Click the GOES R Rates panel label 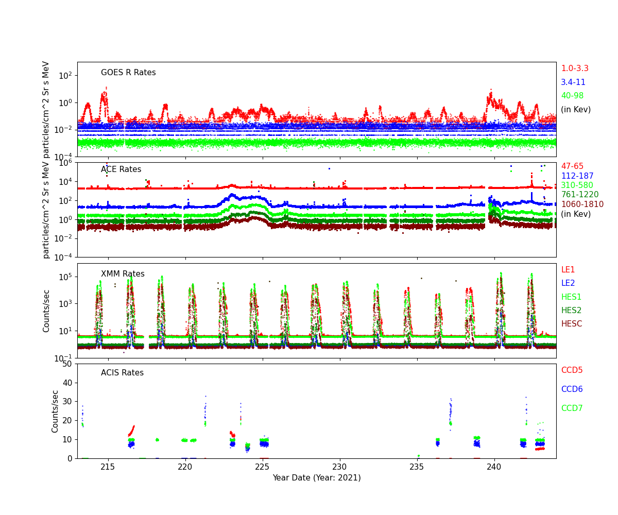point(128,73)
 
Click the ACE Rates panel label point(121,169)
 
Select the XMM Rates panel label point(123,274)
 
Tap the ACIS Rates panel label point(122,373)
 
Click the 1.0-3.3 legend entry point(575,68)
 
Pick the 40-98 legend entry point(572,96)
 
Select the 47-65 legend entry point(572,166)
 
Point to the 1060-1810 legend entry point(582,204)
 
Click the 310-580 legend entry point(577,185)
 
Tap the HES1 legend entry point(571,297)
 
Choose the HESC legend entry point(572,324)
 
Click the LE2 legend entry point(568,283)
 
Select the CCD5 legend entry point(572,370)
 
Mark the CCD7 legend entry point(572,408)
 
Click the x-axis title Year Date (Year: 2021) point(317,478)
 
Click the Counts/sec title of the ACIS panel point(55,411)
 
